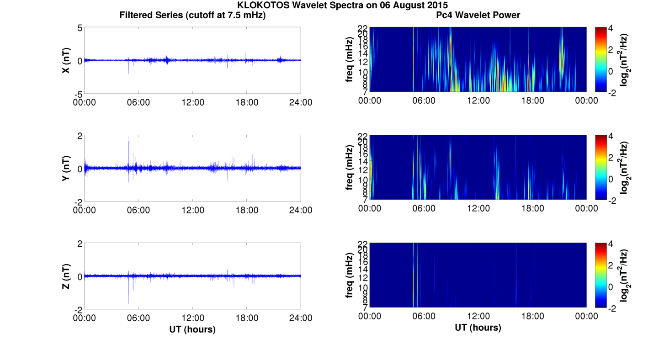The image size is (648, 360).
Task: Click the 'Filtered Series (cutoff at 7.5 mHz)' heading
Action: point(192,15)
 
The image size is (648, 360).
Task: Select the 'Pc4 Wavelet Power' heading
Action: point(478,15)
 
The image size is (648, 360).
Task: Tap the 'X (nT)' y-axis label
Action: point(66,60)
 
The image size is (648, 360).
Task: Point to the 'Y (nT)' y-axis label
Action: point(66,168)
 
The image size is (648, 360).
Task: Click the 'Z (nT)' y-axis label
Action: point(66,276)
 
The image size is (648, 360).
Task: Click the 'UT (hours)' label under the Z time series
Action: point(192,329)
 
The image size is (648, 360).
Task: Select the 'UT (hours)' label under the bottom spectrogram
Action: point(478,328)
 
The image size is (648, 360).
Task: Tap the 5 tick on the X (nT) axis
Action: point(80,28)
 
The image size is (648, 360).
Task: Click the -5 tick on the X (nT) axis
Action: point(77,94)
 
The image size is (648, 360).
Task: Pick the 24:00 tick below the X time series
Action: point(301,102)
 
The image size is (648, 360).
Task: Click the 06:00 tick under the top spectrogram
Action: point(424,101)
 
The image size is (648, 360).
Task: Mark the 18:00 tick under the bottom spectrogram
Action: point(532,316)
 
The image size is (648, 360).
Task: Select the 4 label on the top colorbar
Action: point(614,28)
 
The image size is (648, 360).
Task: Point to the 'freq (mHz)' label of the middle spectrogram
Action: point(350,168)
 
